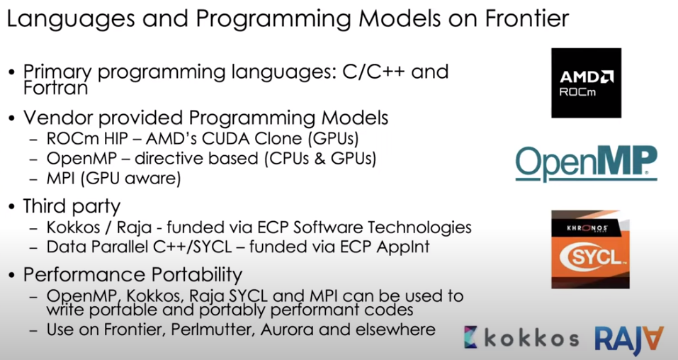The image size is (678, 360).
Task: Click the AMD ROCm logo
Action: point(586,83)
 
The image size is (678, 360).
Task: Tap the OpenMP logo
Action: point(587,164)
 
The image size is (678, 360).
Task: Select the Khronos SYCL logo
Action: point(590,249)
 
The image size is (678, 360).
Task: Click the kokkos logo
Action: point(521,338)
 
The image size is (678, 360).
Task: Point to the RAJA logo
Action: point(629,339)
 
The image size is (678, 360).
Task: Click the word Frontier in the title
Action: point(526,18)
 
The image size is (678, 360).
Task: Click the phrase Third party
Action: point(72,206)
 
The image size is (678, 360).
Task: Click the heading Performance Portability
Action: point(132,275)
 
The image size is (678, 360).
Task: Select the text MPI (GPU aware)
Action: point(114,179)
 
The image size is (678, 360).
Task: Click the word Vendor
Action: point(60,118)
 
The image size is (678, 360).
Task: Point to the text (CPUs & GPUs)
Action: point(320,158)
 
